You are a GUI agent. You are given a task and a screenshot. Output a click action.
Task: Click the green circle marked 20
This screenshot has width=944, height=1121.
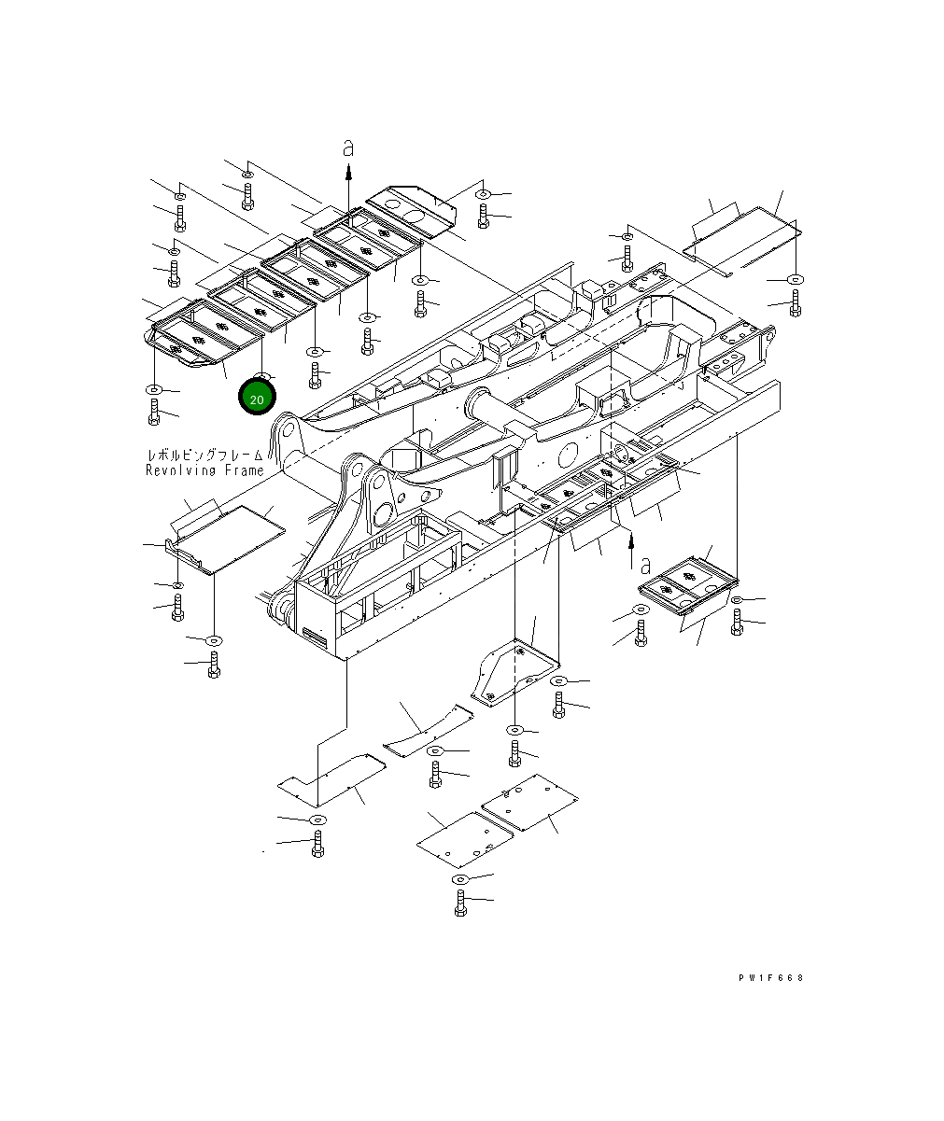pos(257,398)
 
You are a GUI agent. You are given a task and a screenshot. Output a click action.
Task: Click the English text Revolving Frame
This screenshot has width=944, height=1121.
pos(204,470)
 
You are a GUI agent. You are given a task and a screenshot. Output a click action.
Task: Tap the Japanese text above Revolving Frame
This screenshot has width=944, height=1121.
pos(204,455)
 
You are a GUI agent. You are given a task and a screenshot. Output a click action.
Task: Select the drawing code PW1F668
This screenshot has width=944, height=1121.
pos(769,978)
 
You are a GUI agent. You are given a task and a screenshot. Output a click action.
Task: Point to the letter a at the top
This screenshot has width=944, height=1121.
pos(348,148)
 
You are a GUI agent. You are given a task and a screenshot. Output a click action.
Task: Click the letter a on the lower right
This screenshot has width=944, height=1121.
pos(645,563)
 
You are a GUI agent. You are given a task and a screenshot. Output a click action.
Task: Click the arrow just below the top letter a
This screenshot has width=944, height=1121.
pos(348,171)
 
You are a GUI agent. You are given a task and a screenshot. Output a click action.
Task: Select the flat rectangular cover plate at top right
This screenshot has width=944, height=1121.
pos(742,239)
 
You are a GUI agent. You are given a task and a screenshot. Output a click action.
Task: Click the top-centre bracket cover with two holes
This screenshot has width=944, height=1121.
pos(410,206)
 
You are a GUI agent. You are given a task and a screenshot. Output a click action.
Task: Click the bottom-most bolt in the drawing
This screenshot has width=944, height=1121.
pos(460,903)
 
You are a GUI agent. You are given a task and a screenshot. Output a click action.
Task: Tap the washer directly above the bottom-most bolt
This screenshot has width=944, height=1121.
pos(459,879)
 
